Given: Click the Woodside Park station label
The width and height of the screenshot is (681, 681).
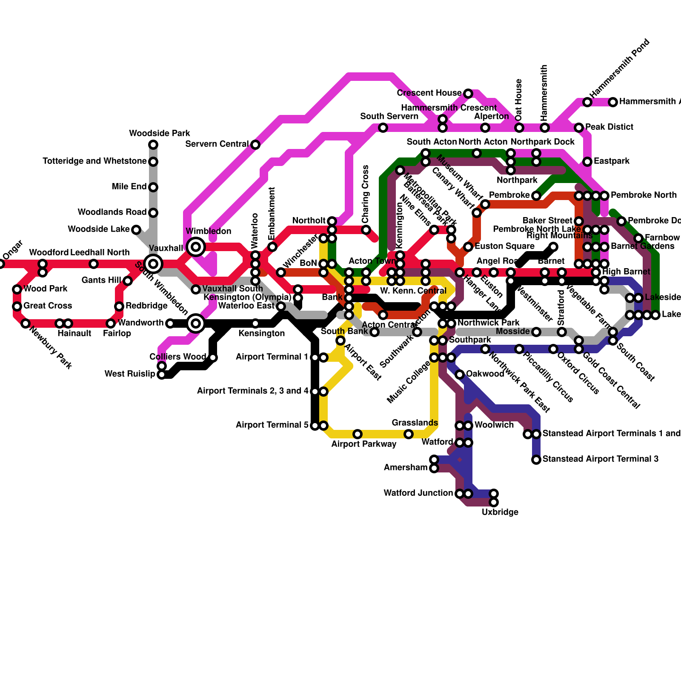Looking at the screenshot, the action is (160, 134).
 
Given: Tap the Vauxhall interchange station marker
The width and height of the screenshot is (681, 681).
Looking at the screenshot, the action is (153, 264).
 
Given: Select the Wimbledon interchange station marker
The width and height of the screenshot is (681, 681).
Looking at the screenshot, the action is (196, 247).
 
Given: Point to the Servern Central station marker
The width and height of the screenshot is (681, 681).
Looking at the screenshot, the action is (255, 145).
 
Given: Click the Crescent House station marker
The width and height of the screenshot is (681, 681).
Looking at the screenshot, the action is (468, 94).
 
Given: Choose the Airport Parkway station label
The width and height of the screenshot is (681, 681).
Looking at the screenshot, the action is (363, 444).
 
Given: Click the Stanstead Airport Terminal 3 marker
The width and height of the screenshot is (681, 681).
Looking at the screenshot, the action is (536, 460).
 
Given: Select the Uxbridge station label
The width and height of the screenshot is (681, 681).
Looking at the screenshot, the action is (500, 512).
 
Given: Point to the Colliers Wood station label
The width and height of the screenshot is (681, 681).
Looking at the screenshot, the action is (177, 357).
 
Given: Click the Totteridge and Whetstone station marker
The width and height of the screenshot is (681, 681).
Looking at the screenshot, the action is (153, 162).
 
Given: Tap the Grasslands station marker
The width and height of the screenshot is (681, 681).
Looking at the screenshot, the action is (409, 434).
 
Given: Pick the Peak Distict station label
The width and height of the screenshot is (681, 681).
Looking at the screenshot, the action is (609, 127).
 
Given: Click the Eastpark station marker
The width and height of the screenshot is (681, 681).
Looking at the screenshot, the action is (587, 162).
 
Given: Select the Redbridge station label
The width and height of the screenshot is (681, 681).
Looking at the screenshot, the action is (146, 306).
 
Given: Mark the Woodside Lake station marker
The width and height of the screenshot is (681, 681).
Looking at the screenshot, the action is (136, 230).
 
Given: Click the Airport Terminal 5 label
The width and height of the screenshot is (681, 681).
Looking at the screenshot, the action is (272, 425).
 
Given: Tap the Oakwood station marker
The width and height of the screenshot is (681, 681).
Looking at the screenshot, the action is (460, 375).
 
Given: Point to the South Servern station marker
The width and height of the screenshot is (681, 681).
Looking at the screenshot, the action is (383, 128).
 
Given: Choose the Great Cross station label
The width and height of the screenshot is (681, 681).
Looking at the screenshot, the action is (48, 306).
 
